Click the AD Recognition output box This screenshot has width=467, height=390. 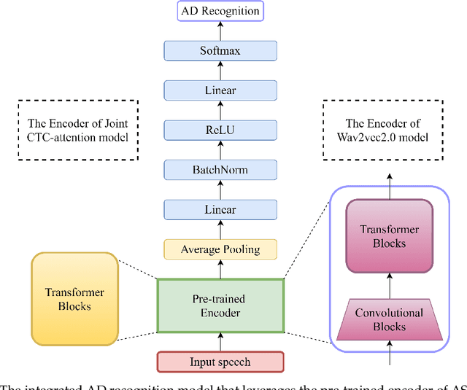[x=220, y=12]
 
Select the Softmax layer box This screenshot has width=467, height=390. [x=220, y=51]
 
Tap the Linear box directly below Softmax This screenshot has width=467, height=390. [x=220, y=90]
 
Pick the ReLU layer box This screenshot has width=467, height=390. [x=220, y=130]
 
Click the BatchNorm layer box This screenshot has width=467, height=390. [x=220, y=170]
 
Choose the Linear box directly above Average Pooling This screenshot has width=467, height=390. [x=220, y=210]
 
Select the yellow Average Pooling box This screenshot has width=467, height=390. [x=220, y=249]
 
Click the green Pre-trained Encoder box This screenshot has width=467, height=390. [x=220, y=305]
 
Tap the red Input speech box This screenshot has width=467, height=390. [x=220, y=362]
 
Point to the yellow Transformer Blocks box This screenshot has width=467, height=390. [x=75, y=299]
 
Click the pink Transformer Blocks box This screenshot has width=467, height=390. [x=389, y=236]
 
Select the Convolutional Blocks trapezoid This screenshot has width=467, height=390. [x=389, y=319]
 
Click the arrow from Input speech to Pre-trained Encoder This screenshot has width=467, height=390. [x=220, y=342]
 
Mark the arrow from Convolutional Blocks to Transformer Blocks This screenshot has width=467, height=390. [x=389, y=284]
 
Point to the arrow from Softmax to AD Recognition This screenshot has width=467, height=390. [x=220, y=31]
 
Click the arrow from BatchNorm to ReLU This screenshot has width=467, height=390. [x=220, y=150]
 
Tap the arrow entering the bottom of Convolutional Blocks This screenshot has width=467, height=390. [x=389, y=352]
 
